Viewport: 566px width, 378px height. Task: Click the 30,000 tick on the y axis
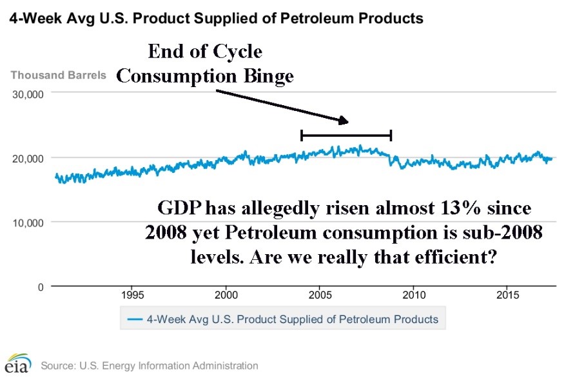tap(28, 94)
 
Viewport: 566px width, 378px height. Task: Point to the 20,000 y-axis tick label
tap(28, 158)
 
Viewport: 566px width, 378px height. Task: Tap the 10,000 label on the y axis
tap(28, 223)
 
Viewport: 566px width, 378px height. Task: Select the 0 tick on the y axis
tap(39, 286)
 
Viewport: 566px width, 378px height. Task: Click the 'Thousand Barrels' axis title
tap(58, 75)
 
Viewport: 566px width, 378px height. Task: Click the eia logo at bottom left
tap(17, 363)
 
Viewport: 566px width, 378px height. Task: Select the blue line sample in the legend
tap(134, 319)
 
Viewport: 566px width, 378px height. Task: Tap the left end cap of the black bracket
tap(302, 135)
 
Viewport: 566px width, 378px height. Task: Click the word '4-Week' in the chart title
tap(32, 18)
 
